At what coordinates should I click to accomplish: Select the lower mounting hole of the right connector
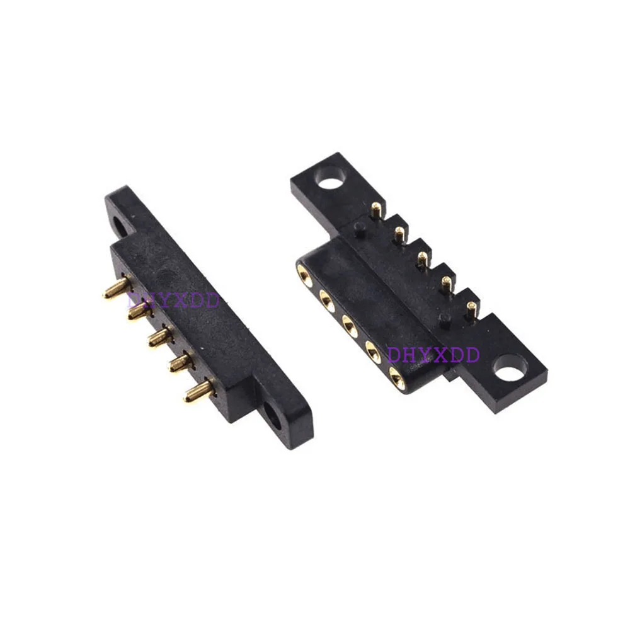click(510, 367)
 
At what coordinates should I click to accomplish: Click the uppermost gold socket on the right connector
click(304, 273)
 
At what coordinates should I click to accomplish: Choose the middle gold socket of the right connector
click(350, 325)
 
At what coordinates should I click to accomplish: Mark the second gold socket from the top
click(327, 299)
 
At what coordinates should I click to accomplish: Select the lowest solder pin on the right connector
click(471, 309)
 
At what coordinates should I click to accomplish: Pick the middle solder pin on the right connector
click(421, 258)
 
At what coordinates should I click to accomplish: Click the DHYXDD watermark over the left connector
click(173, 301)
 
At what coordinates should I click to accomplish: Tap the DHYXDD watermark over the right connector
click(433, 354)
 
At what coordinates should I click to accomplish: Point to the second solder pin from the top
click(398, 234)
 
